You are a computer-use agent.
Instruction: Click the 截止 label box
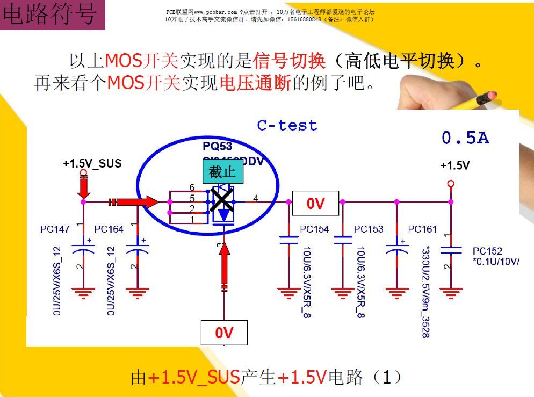(x=222, y=172)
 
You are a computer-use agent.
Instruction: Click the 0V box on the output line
(x=315, y=203)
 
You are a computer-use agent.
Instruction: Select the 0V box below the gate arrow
(x=224, y=333)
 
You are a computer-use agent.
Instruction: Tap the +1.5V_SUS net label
(x=92, y=163)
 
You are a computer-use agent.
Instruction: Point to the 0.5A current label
(x=465, y=139)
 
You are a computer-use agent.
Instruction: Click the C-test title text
(x=287, y=126)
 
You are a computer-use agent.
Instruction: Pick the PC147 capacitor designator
(x=55, y=229)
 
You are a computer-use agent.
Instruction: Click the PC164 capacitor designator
(x=109, y=229)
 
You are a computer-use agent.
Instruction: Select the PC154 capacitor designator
(x=314, y=229)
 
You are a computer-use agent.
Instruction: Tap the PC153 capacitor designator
(x=369, y=229)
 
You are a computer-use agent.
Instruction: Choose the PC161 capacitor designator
(x=422, y=229)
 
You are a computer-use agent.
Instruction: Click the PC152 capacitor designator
(x=487, y=251)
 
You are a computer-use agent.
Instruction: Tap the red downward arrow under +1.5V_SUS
(x=83, y=186)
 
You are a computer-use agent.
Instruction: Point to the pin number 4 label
(x=255, y=198)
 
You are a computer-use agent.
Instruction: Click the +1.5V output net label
(x=454, y=165)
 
